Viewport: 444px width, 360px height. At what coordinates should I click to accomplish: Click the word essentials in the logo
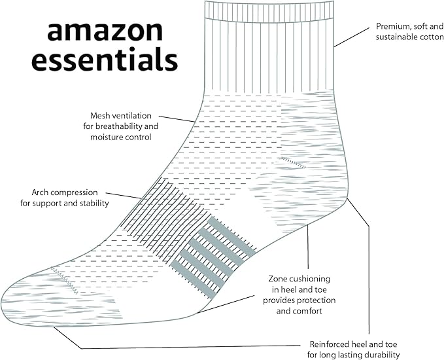click(x=105, y=60)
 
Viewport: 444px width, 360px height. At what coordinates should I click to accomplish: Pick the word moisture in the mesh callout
click(x=104, y=137)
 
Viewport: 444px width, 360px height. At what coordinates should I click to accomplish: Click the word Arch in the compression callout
click(x=41, y=192)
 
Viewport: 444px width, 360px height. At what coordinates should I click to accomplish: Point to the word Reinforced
click(x=330, y=344)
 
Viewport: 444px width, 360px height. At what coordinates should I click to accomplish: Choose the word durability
click(x=380, y=355)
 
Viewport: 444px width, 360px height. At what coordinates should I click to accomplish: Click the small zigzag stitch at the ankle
click(x=292, y=162)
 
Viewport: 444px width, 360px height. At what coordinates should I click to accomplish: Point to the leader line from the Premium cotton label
click(x=353, y=37)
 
